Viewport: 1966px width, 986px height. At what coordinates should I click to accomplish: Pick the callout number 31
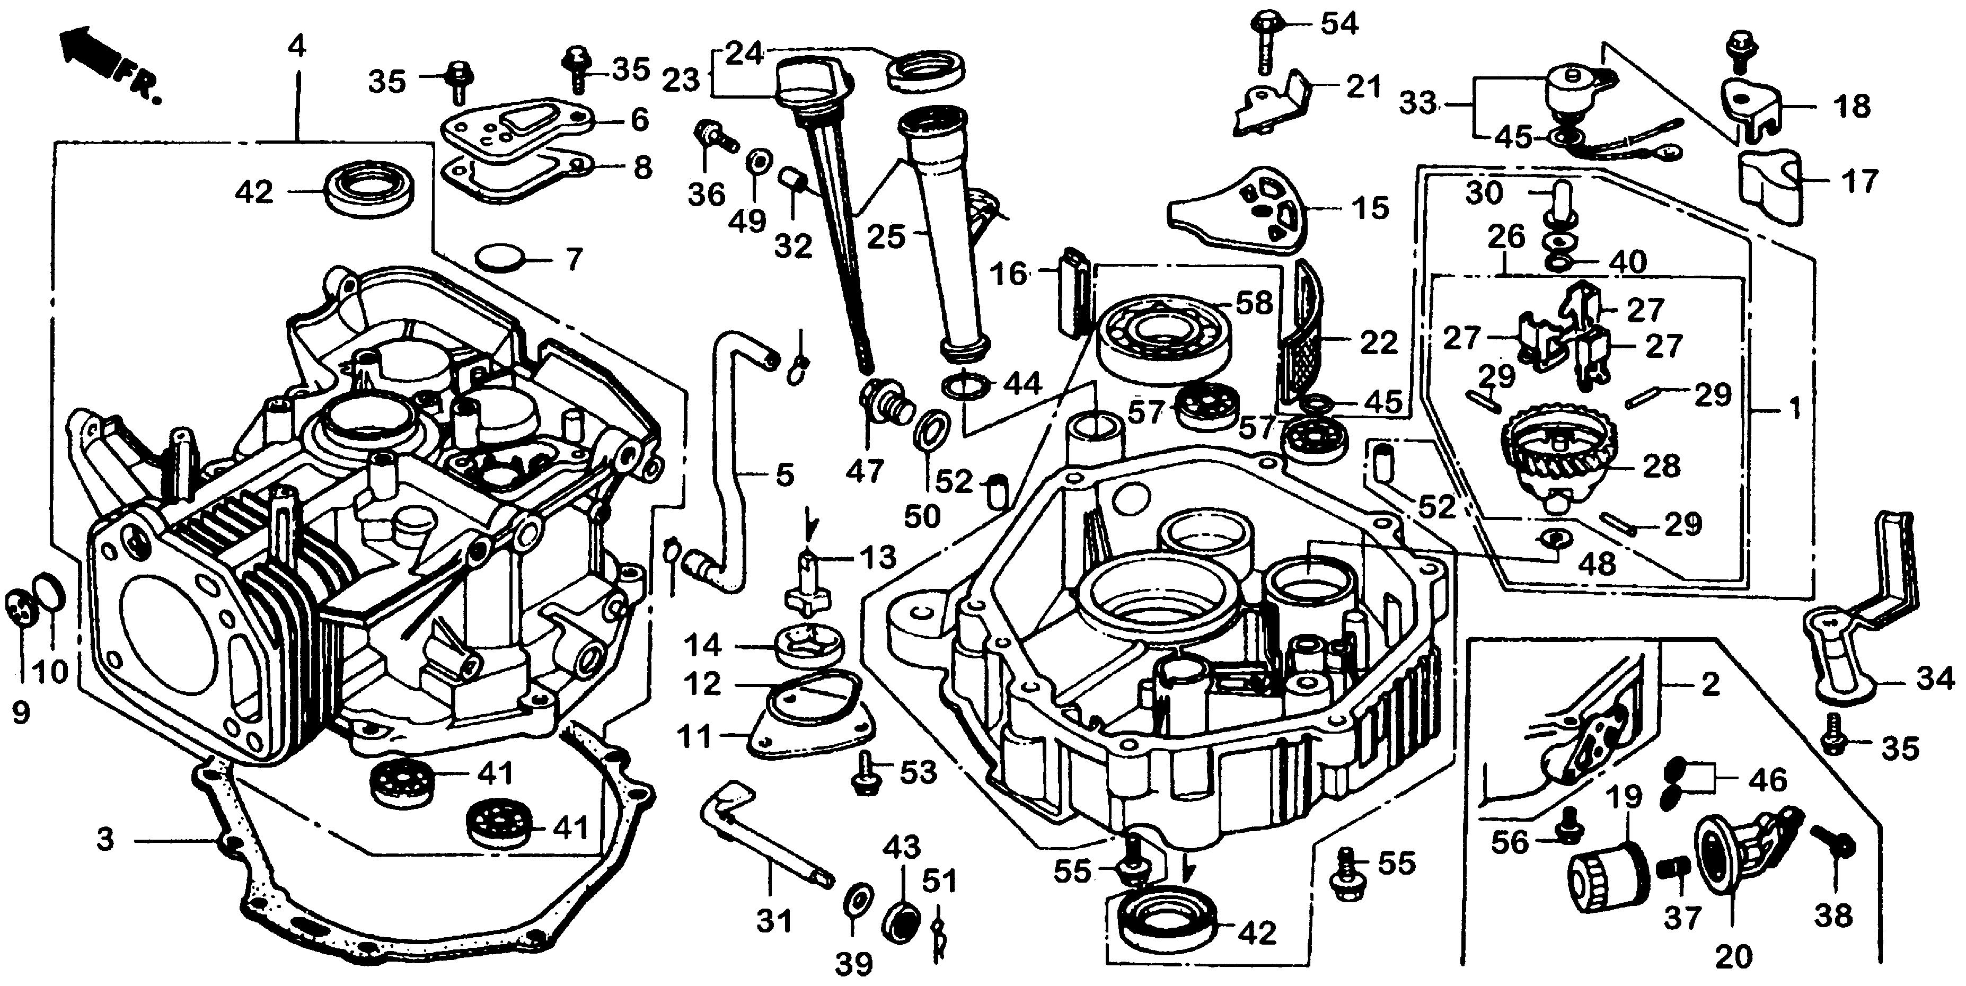pyautogui.click(x=774, y=921)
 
